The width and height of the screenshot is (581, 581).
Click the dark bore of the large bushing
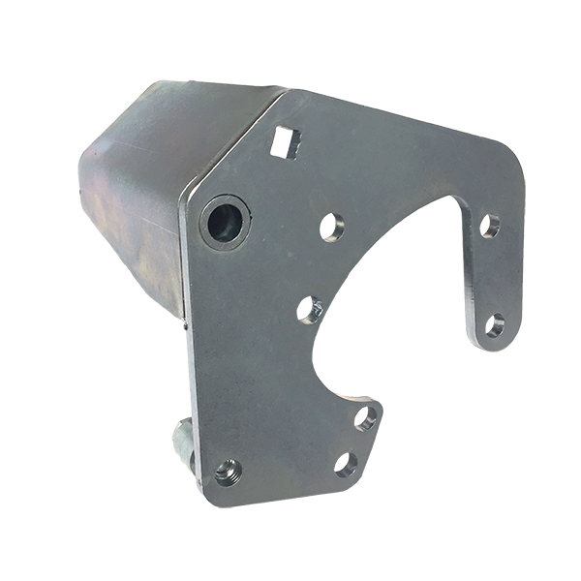(224, 223)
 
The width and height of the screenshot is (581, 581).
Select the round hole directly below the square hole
(329, 227)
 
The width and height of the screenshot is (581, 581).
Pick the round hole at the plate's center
(310, 310)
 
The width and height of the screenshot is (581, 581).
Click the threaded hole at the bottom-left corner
(228, 473)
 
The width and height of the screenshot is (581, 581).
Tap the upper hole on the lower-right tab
(366, 418)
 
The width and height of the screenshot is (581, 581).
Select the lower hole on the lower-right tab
(346, 463)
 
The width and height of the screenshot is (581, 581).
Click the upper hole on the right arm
(490, 226)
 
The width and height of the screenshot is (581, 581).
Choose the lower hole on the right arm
(495, 324)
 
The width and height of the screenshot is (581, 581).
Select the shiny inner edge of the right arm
(469, 281)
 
